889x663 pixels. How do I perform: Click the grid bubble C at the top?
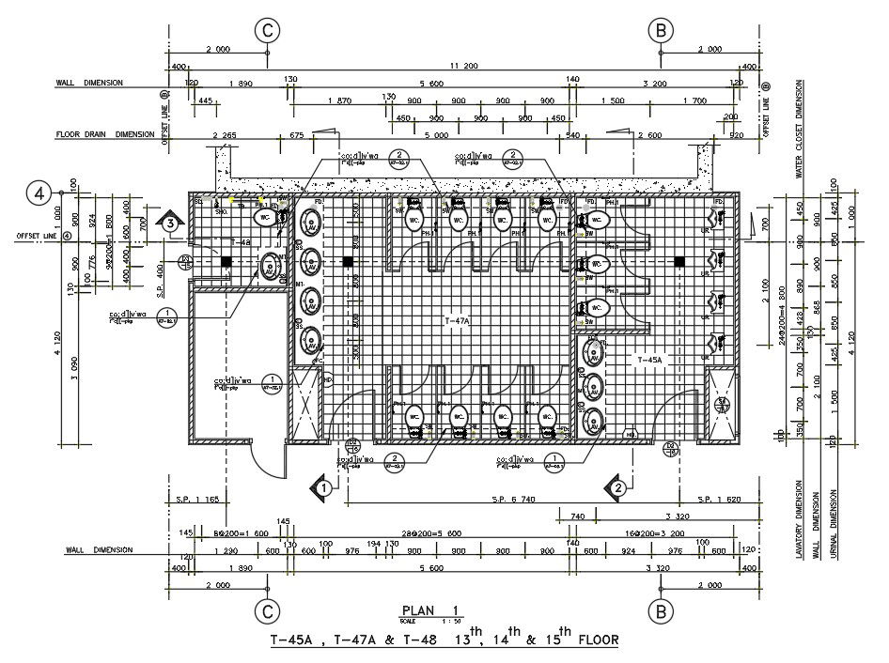[268, 30]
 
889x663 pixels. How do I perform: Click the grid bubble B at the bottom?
[662, 612]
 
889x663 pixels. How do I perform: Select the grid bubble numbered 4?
[39, 194]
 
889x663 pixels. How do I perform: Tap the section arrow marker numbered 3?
[170, 223]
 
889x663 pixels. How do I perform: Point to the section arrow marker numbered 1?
[322, 487]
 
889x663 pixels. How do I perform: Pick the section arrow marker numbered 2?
[617, 487]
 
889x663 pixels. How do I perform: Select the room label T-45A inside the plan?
[650, 360]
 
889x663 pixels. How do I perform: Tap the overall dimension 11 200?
[464, 65]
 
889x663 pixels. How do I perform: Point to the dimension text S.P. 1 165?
[196, 499]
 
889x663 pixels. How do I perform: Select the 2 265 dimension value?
[226, 134]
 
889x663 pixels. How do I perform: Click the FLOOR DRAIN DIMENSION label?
[104, 134]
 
